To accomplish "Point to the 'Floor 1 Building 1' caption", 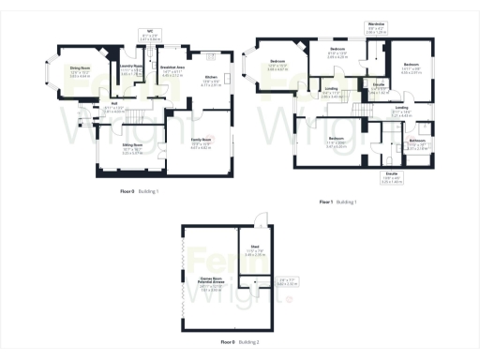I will pos(340,202).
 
